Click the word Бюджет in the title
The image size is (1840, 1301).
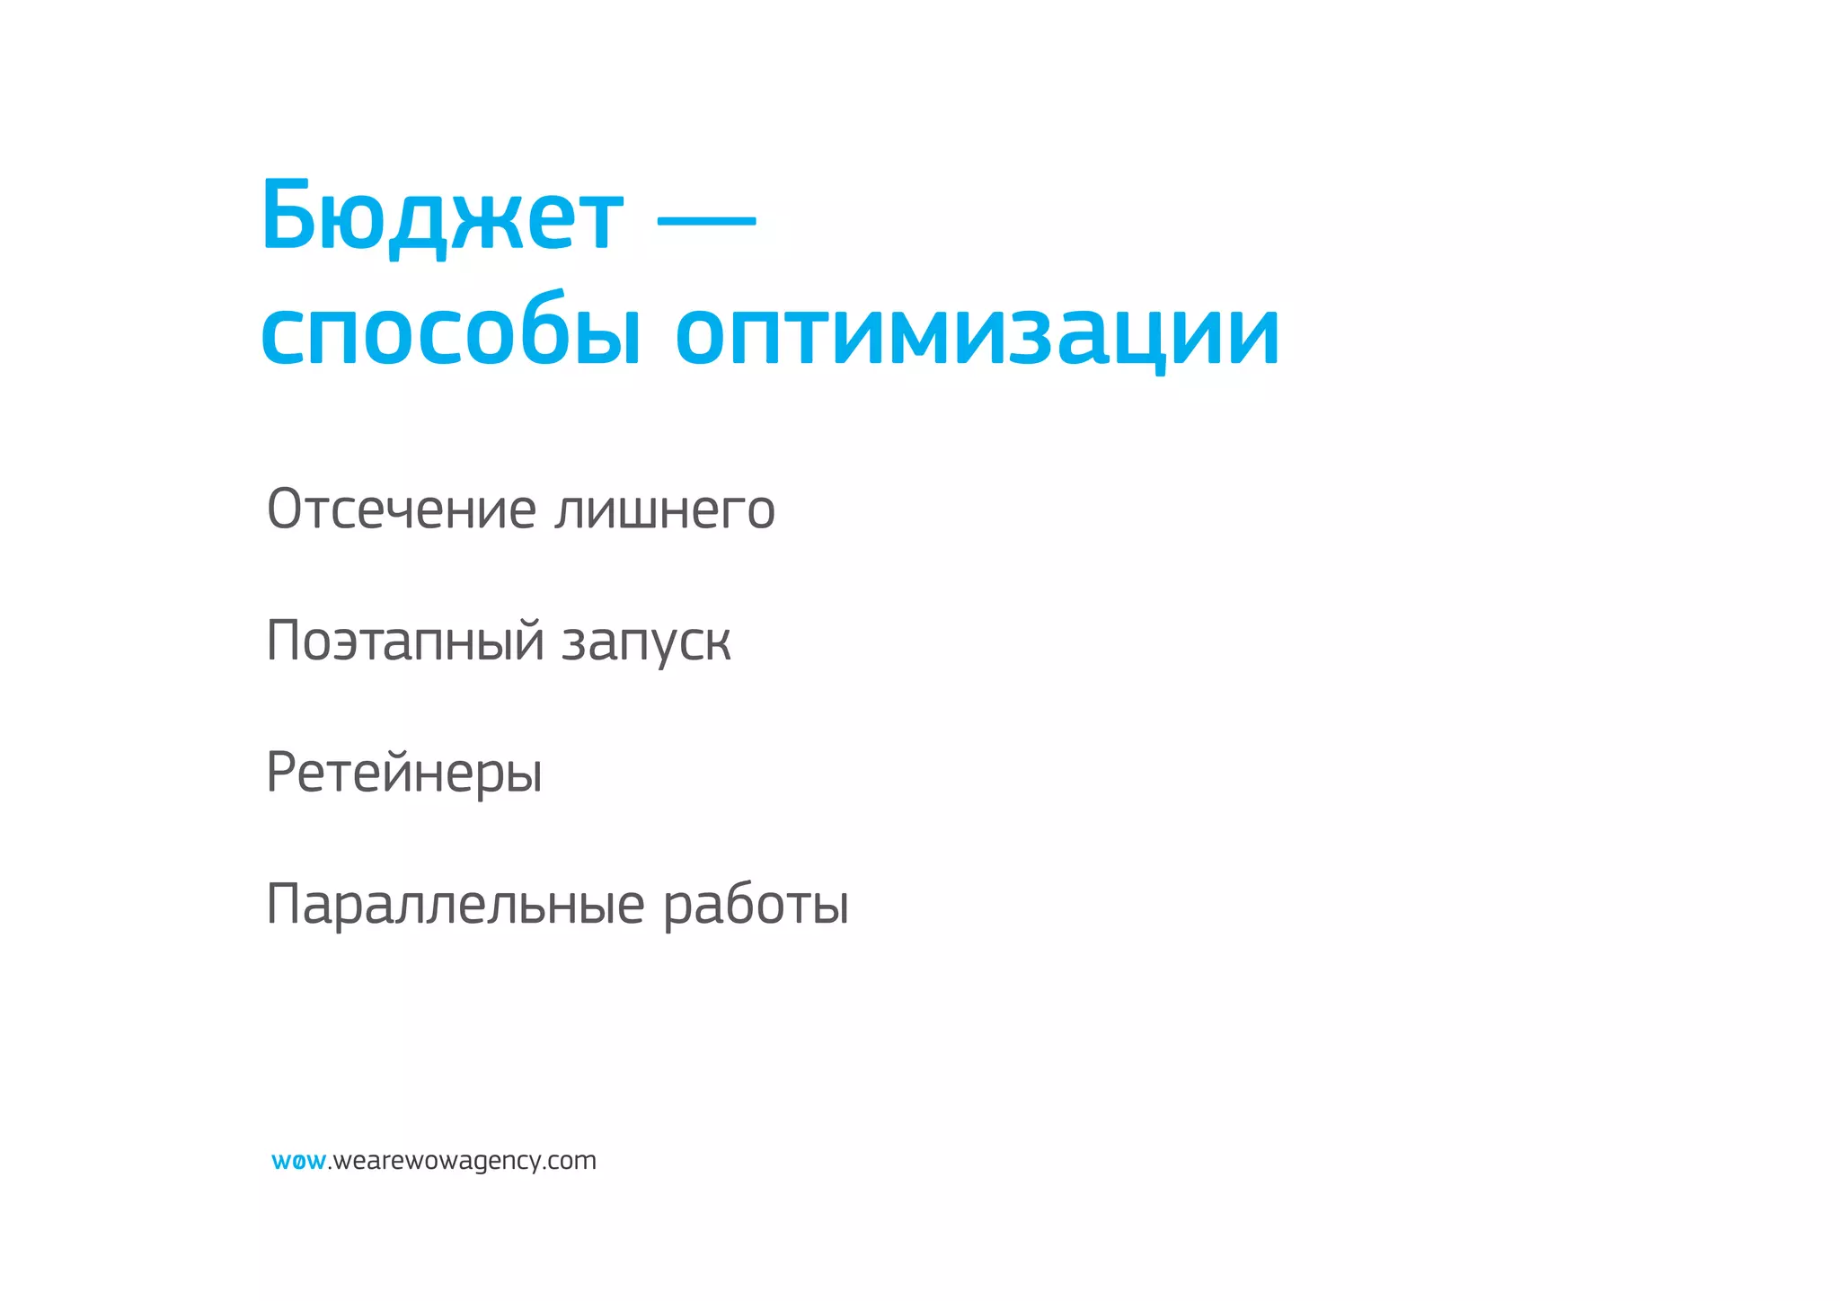tap(442, 216)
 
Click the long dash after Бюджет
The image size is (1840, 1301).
tap(706, 218)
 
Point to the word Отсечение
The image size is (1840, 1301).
tap(402, 509)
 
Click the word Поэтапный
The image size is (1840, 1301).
tap(406, 642)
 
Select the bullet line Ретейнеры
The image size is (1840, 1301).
tap(404, 774)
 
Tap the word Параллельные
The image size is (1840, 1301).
tap(456, 905)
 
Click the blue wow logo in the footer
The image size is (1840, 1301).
tap(298, 1162)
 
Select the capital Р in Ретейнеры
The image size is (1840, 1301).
tap(281, 773)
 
